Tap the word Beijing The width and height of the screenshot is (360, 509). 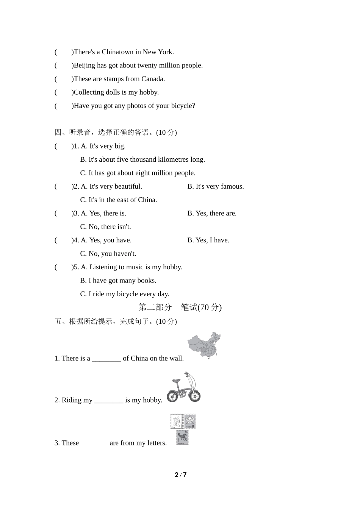tap(85, 66)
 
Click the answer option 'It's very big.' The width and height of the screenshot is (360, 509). tap(107, 146)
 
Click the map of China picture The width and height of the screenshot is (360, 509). tap(205, 345)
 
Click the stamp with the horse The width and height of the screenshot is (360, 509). tap(182, 438)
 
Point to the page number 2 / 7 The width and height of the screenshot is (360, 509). tap(180, 475)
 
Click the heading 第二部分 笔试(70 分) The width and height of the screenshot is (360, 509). tap(180, 308)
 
